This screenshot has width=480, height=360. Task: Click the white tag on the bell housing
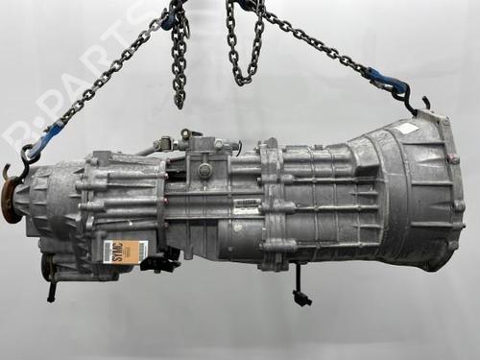tap(407, 128)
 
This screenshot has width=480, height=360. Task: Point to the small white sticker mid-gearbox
tap(249, 205)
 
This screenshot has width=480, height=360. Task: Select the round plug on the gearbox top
tap(204, 170)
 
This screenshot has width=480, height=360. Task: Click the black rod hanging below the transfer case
tap(50, 288)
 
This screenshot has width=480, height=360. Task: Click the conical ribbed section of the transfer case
tap(48, 206)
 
